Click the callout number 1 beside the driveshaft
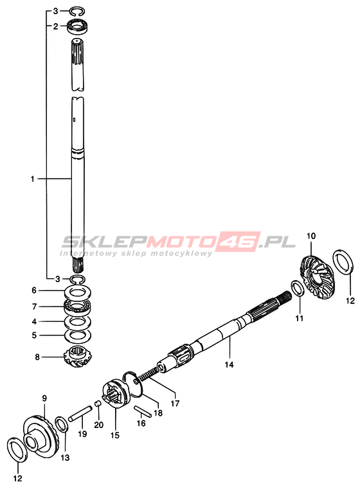(x=32, y=179)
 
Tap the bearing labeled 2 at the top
(x=78, y=26)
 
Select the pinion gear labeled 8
(x=77, y=357)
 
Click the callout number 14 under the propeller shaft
(x=229, y=364)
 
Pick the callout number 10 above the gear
(x=311, y=236)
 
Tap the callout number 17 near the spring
(x=175, y=404)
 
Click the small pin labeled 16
(x=143, y=411)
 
